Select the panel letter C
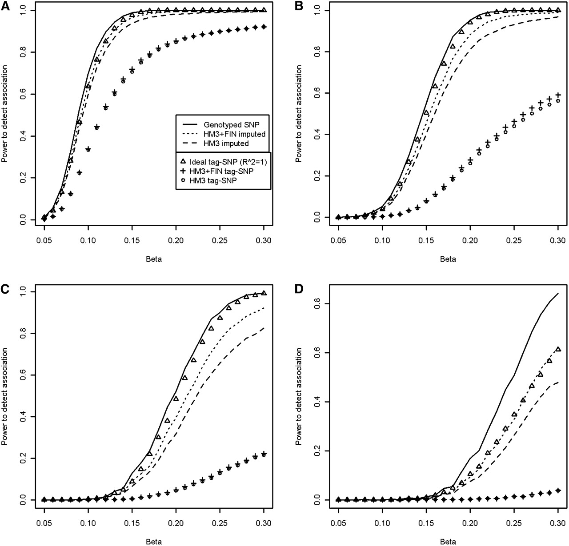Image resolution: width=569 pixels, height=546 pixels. [5, 288]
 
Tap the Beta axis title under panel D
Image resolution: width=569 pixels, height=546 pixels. [448, 542]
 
